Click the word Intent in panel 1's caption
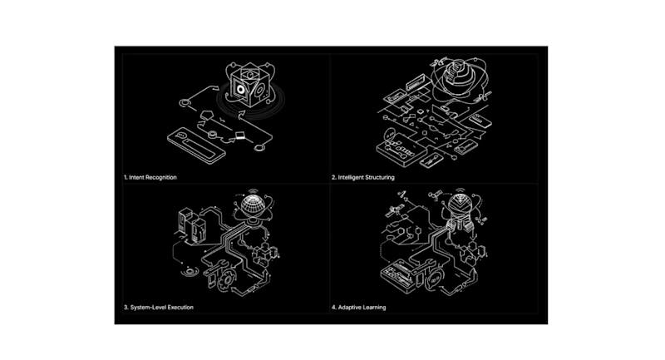136,177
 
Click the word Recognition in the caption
161,177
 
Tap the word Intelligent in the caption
352,177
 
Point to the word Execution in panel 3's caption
180,307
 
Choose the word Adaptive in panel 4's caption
349,307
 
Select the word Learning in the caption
374,307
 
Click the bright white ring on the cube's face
241,90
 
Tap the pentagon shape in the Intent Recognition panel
206,115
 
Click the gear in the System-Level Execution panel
228,279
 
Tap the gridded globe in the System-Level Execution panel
254,205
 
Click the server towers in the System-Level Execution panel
192,224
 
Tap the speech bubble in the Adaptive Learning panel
433,280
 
